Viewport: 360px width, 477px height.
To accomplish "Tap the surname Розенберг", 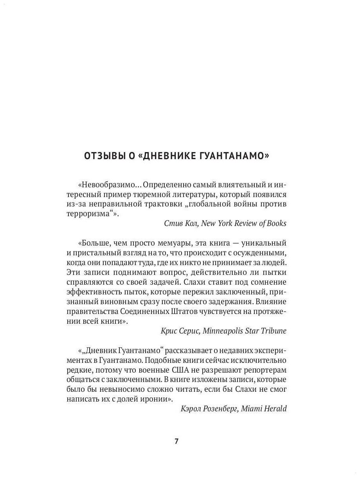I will point(219,409).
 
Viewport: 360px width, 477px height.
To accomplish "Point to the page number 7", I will point(176,441).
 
